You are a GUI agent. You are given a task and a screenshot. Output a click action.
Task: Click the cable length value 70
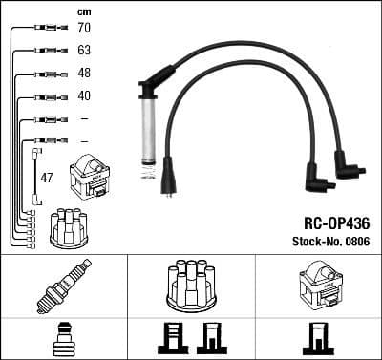click(x=84, y=29)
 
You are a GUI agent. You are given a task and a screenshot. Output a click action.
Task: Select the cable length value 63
click(x=84, y=52)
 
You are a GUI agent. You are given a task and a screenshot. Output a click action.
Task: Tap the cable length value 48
click(x=84, y=74)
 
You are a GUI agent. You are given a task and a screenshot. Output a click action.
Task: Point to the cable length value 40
click(x=84, y=96)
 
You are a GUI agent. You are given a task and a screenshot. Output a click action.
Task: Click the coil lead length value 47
click(x=46, y=178)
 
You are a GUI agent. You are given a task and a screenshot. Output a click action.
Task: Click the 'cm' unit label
click(x=83, y=11)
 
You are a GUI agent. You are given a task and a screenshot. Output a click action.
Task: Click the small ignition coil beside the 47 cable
click(x=90, y=177)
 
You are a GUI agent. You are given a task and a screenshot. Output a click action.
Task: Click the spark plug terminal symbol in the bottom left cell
click(x=63, y=340)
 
